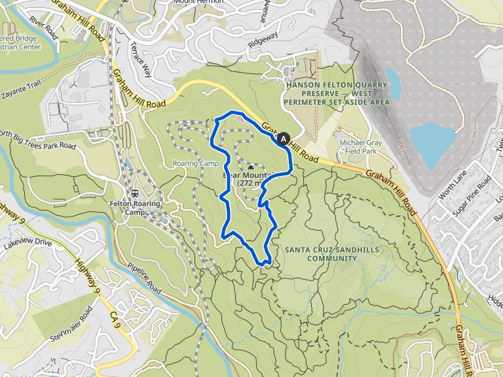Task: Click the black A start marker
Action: click(283, 139)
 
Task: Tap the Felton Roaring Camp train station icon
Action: click(134, 193)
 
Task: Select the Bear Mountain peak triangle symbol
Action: click(250, 168)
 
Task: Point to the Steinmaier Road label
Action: click(71, 321)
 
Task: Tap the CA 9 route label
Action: click(116, 320)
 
